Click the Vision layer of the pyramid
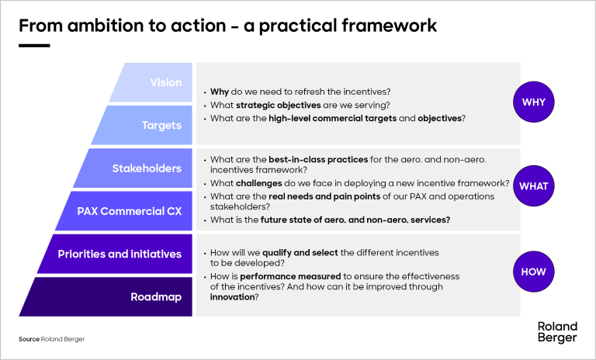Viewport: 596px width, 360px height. point(159,82)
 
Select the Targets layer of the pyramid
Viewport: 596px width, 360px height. point(155,125)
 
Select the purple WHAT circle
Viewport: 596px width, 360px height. point(533,186)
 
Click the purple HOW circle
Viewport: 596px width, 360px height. point(533,272)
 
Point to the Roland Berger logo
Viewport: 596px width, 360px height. point(556,331)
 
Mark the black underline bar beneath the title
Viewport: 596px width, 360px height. point(34,46)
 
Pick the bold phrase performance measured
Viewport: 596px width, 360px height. point(279,277)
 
